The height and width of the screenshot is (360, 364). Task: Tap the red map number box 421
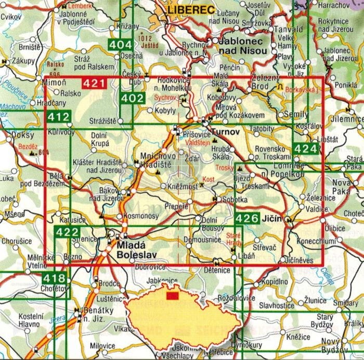tap(95, 83)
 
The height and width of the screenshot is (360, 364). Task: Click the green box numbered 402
tap(132, 98)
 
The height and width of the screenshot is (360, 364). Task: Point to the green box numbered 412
tap(59, 118)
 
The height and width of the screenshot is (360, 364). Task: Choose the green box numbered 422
tap(68, 232)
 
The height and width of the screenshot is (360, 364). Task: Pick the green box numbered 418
tap(54, 279)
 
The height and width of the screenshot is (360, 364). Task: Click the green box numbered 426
tap(246, 219)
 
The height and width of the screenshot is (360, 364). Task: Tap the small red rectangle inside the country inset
tap(172, 296)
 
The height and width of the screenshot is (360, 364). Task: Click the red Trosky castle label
tap(225, 168)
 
